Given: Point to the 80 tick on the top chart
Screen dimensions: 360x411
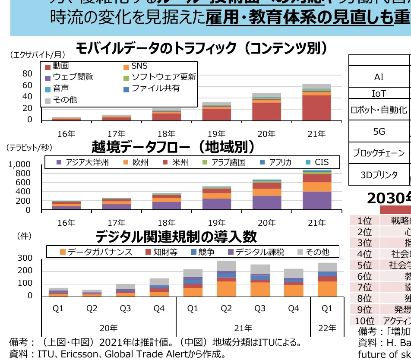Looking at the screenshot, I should (x=27, y=74).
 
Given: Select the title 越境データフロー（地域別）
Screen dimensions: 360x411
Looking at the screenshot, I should (x=173, y=147).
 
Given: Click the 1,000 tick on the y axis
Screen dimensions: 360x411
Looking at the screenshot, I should (x=19, y=164).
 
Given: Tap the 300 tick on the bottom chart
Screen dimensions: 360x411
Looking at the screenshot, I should (x=25, y=258).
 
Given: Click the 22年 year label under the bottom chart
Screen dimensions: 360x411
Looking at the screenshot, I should (x=327, y=328).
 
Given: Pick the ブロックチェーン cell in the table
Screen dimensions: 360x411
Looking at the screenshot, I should (x=379, y=153).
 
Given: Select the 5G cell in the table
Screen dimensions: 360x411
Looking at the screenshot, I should (x=379, y=131).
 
